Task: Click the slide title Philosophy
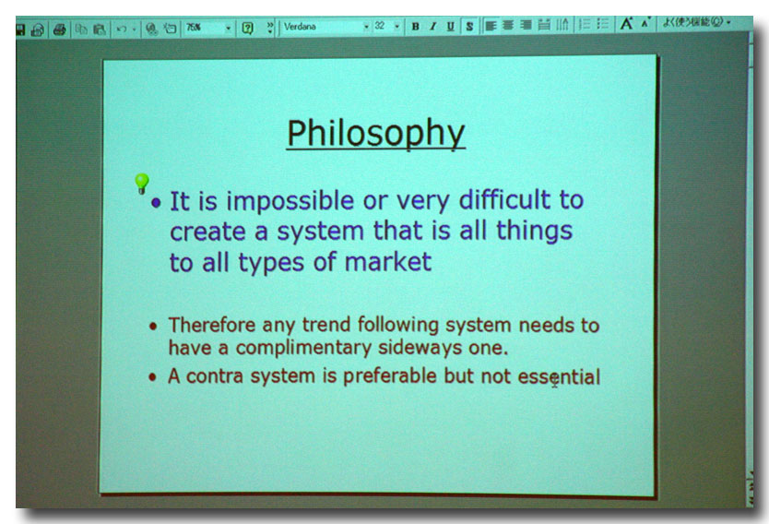pos(375,134)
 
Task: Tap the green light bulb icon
pos(142,184)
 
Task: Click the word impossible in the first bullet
pos(290,202)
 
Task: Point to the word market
pos(388,261)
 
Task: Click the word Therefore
pos(212,325)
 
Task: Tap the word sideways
pos(420,348)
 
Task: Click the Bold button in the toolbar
pos(416,27)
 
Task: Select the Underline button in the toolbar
pos(450,27)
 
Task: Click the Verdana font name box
pos(325,27)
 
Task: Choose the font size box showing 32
pos(386,26)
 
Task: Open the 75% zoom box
pos(208,28)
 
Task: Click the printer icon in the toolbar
pos(59,30)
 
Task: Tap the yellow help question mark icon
pos(248,28)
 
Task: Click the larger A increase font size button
pos(626,24)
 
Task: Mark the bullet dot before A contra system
pos(152,376)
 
